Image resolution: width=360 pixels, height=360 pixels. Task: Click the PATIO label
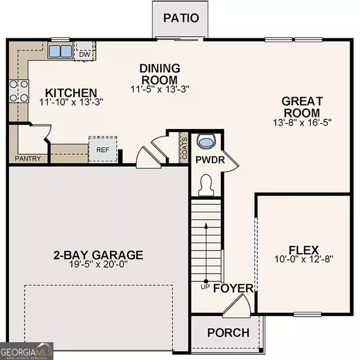181,18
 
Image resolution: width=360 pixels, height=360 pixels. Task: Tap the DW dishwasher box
85,52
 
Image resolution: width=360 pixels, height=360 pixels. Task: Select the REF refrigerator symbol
103,149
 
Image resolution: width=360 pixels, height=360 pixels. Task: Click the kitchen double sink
61,51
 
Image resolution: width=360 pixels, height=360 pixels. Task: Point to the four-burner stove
19,91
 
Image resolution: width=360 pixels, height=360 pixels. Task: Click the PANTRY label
28,158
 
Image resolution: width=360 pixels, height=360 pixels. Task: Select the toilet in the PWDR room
206,185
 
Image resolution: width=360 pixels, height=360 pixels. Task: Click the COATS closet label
184,148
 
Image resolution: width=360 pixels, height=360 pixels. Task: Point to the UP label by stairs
205,287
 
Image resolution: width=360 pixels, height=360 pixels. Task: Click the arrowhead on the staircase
206,225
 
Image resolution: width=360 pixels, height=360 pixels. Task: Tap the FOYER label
233,289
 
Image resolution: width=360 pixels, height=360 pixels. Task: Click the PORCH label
229,332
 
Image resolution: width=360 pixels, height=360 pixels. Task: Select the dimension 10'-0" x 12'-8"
304,259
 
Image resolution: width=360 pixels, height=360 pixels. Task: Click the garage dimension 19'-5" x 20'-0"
98,264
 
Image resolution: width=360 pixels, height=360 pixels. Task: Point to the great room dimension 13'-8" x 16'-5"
302,122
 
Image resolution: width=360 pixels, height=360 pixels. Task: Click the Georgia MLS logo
26,351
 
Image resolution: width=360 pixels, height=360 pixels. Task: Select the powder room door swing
230,161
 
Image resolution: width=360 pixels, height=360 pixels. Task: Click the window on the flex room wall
307,314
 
